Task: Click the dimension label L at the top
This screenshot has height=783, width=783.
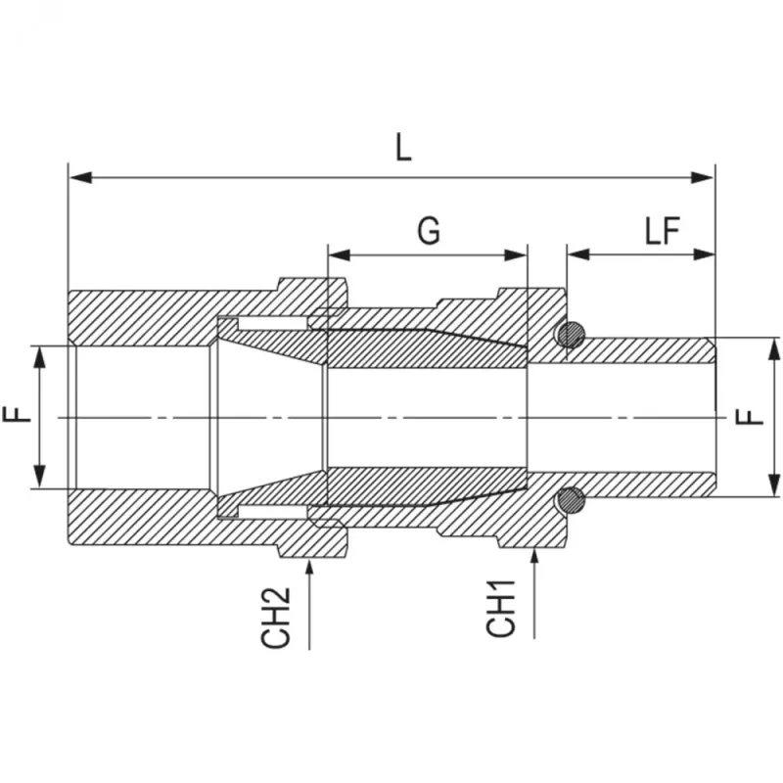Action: coord(403,149)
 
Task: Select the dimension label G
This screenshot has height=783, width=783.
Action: coord(429,231)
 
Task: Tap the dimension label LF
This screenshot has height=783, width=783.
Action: coord(663,231)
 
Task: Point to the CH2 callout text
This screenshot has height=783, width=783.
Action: coord(275,618)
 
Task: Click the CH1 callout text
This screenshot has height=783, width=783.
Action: coord(500,608)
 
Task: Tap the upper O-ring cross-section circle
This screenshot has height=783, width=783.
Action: coord(572,335)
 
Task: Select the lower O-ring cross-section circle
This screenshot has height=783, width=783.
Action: coord(572,500)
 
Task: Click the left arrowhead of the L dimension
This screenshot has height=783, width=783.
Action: coord(80,177)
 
